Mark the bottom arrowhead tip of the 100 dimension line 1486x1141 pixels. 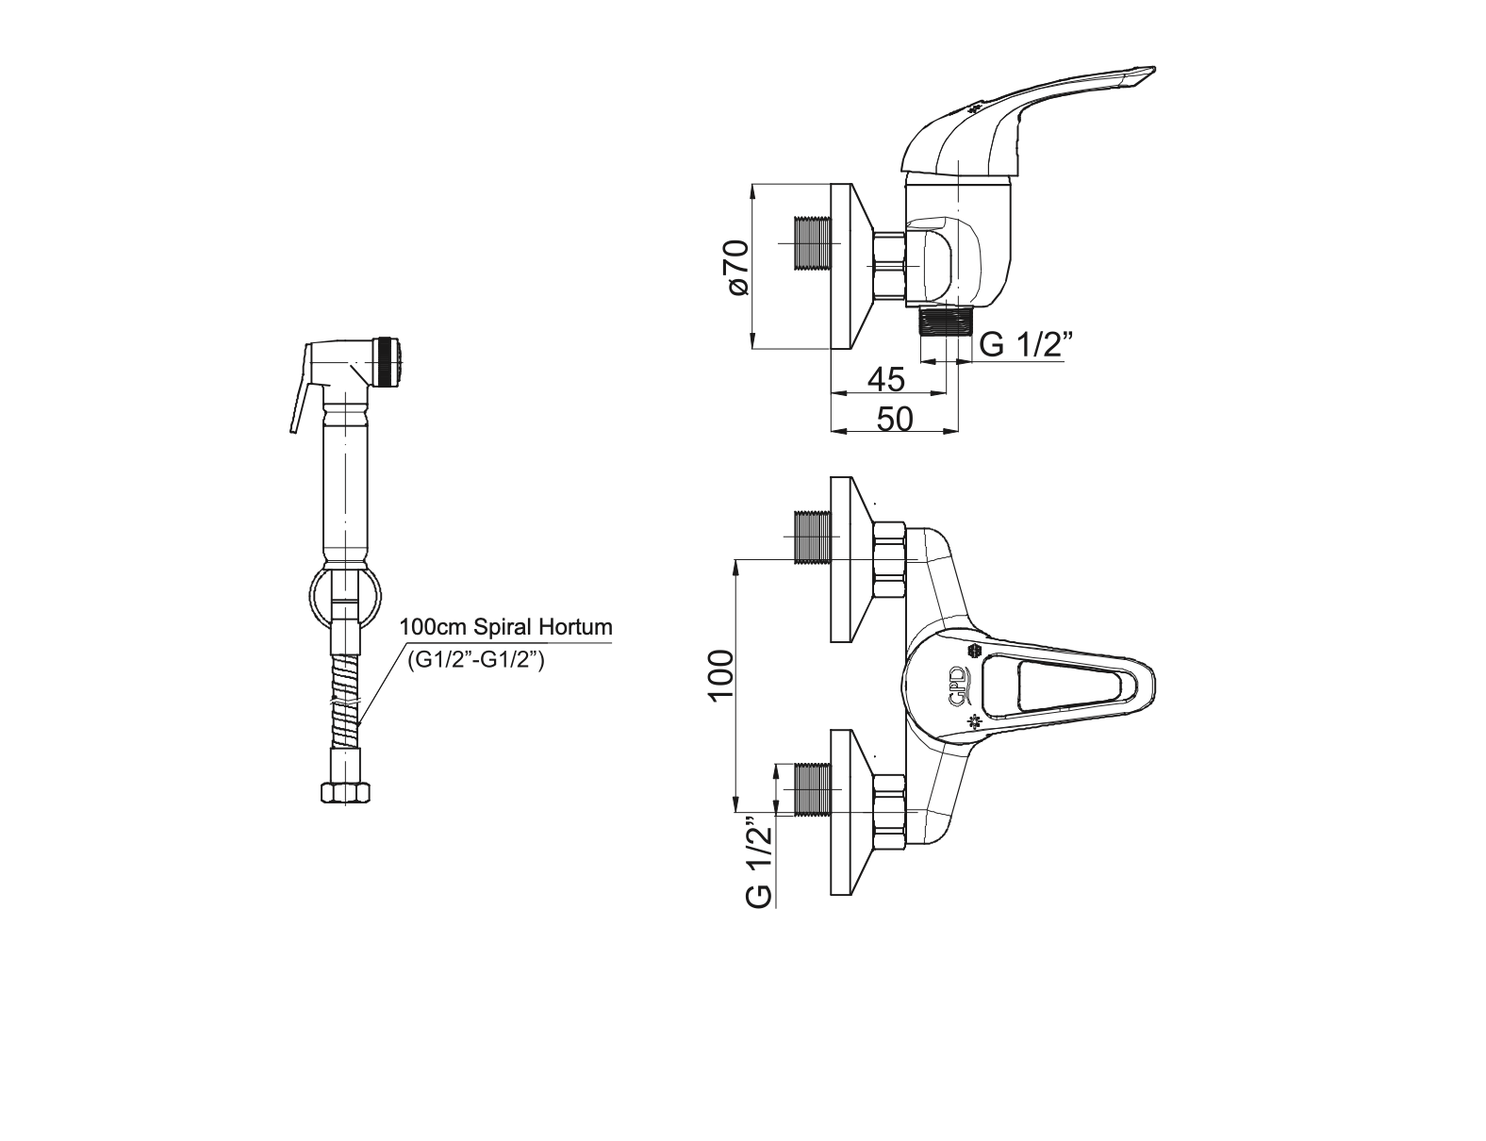735,812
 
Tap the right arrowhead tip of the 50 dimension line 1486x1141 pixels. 959,431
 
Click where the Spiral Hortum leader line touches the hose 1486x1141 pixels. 358,724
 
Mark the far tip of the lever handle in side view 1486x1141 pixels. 1155,68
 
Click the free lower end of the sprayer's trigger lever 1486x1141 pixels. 292,431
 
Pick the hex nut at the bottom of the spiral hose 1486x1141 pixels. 345,792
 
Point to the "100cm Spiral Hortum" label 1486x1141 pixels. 506,627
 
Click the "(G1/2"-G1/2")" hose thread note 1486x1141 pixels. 476,660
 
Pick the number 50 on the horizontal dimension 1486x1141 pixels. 895,419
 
